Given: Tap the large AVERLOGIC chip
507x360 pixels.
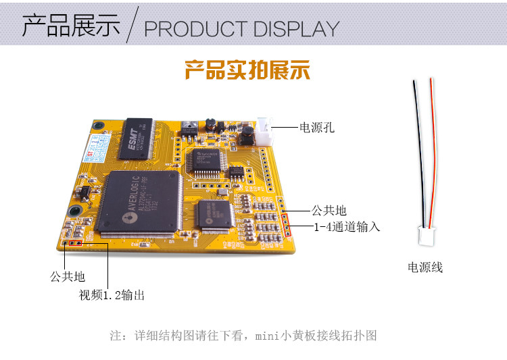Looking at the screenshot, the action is point(139,203).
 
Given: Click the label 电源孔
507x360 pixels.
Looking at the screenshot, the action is point(317,127).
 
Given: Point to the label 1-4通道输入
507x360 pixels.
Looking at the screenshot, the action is point(346,227).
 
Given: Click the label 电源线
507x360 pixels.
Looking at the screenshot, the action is point(425,267).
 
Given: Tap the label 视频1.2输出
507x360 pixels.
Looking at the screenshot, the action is point(112,295).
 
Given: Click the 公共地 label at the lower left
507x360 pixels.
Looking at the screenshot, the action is point(67,276).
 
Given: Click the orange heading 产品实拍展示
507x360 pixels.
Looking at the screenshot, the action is point(247,70).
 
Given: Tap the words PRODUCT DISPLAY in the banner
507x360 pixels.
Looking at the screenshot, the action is point(241,29).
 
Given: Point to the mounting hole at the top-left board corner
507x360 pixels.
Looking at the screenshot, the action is point(98,126).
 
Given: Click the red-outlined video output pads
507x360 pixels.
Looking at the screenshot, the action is point(75,242).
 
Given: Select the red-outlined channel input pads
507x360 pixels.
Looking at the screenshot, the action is point(287,224).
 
